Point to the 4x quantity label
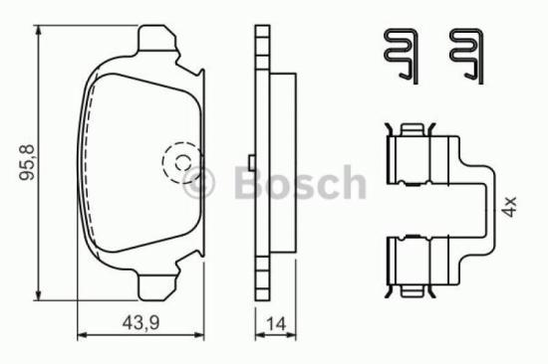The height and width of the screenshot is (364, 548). click(510, 208)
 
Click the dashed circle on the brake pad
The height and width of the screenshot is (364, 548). click(180, 162)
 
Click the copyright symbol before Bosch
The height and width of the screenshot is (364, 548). click(201, 183)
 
